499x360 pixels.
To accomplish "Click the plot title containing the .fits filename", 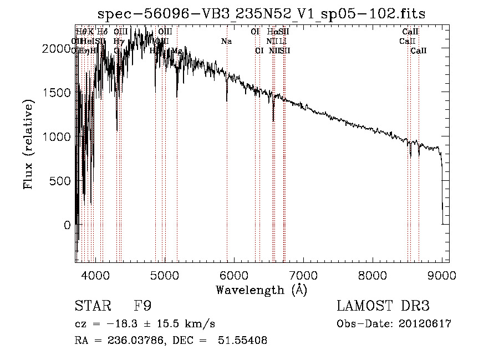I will pos(261,14).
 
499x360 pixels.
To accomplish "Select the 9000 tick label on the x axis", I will pos(442,275).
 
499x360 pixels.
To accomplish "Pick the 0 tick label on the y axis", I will pos(67,225).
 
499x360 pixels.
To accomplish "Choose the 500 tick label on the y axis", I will pos(60,181).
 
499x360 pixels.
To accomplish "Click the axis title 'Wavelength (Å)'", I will pos(261,290).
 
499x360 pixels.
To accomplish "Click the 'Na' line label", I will pos(226,42).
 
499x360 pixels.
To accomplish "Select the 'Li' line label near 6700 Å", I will pos(282,42).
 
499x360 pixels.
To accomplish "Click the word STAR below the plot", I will pos(91,306).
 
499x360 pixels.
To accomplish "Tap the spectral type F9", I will pos(142,306).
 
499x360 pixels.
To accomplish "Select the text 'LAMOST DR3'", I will pos(383,306).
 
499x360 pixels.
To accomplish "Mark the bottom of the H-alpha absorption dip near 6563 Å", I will pos(273,120).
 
